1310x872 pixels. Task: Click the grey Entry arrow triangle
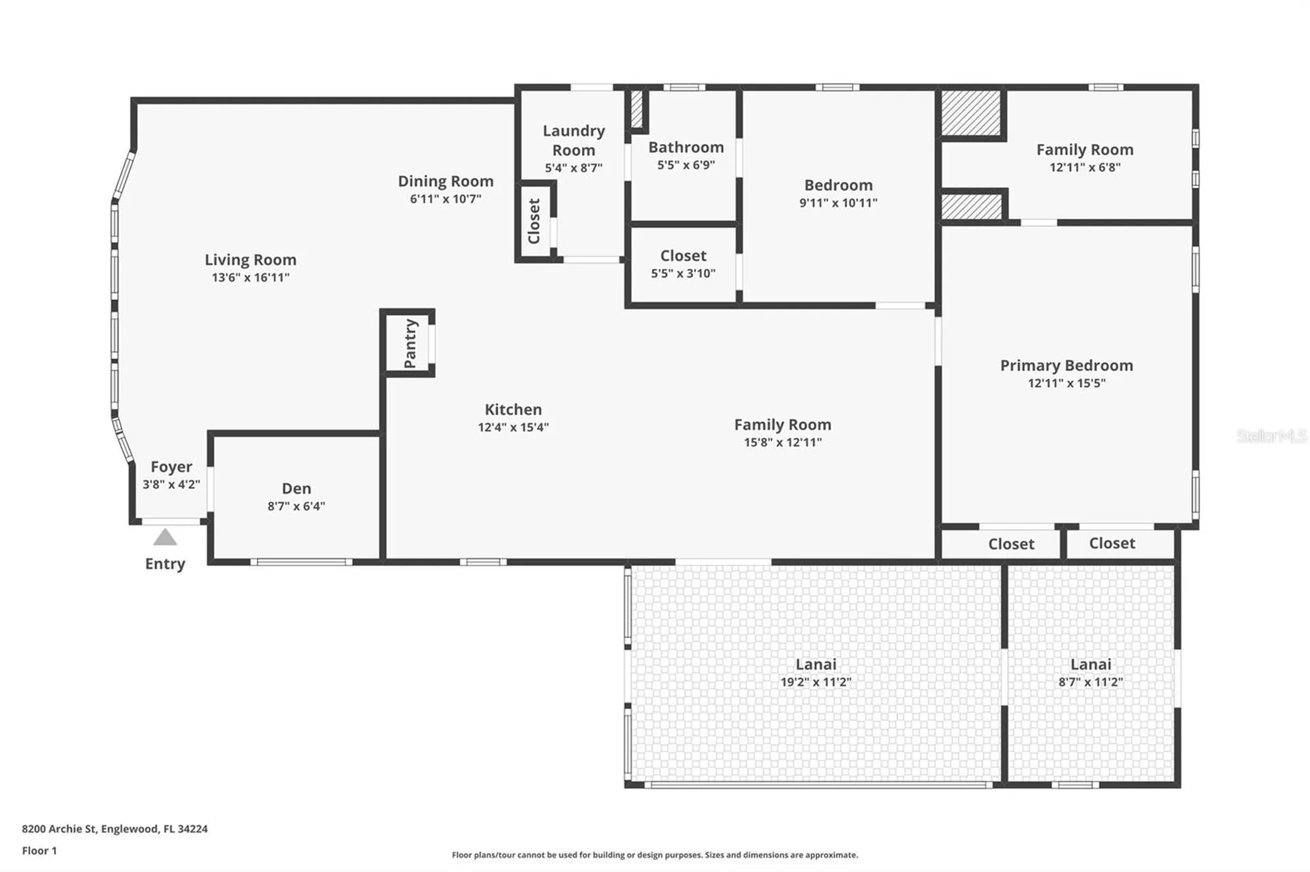165,537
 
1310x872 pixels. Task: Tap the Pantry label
410,344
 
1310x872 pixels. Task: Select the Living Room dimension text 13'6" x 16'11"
250,277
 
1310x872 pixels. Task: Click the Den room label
296,488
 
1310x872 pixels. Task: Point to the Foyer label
171,467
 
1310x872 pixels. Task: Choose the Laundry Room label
574,140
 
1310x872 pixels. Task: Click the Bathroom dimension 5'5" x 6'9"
686,165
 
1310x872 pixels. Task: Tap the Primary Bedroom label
1066,365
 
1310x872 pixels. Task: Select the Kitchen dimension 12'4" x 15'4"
513,427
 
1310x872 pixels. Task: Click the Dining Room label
446,181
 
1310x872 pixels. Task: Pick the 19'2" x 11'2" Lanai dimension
816,682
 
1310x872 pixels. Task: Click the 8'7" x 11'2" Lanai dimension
1090,682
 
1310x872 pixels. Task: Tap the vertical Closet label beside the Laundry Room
534,221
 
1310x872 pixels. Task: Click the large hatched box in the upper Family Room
970,112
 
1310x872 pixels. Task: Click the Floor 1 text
40,851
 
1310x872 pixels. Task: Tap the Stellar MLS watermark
1271,436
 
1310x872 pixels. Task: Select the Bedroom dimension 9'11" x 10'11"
839,202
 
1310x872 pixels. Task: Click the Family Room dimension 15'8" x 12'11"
783,442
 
